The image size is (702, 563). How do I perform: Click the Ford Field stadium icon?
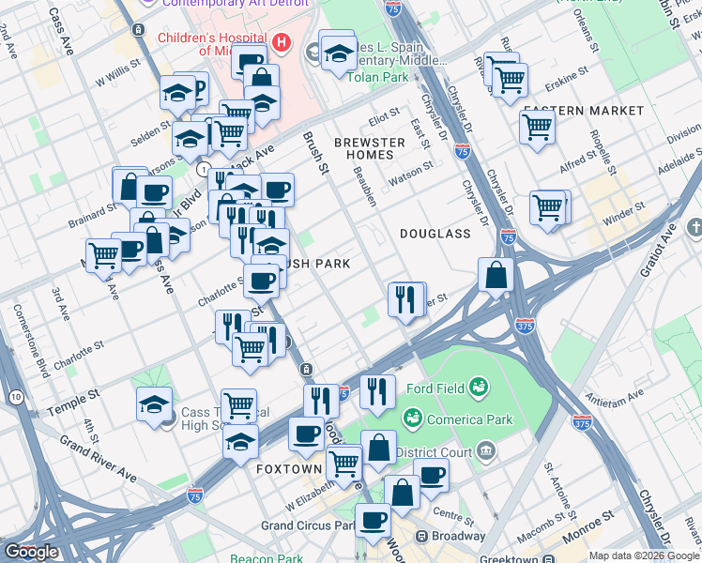tap(478, 386)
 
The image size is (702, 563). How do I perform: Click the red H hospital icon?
tap(279, 42)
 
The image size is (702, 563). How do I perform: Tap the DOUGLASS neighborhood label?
tap(435, 233)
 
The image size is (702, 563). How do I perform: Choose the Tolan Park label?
tap(374, 76)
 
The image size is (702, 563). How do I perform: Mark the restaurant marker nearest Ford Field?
tap(377, 391)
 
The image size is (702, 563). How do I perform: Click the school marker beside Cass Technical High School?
tap(153, 404)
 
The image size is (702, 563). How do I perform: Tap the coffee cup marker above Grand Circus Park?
tap(372, 519)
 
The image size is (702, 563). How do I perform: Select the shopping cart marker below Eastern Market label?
tap(537, 129)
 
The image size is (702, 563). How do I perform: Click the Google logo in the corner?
tap(31, 552)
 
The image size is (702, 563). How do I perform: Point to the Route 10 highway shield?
tap(17, 399)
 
